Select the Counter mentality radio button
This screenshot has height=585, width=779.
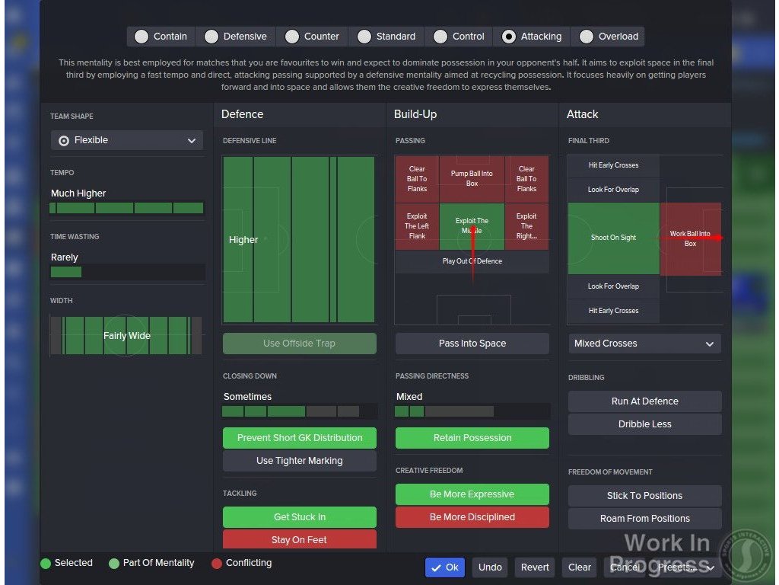click(292, 37)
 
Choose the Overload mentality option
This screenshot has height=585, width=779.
click(587, 37)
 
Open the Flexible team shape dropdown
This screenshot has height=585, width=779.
click(127, 140)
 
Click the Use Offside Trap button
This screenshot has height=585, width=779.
click(299, 344)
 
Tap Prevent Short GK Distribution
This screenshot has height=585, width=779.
click(299, 438)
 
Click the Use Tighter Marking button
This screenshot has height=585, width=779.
click(299, 461)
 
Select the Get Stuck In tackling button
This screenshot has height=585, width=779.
click(299, 517)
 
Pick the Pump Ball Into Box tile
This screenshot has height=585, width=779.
click(472, 178)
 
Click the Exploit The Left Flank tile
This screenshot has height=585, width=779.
click(417, 226)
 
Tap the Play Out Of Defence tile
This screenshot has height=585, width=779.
click(472, 261)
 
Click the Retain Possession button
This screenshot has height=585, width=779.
click(472, 438)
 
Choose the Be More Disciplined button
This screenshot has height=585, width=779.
click(472, 517)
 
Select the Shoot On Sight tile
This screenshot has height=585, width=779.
click(613, 238)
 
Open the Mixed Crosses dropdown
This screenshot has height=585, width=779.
click(644, 344)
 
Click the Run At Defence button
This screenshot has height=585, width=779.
click(644, 401)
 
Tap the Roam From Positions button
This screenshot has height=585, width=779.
click(644, 519)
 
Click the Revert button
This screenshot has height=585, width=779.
click(535, 567)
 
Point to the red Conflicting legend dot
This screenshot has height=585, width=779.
click(217, 564)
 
